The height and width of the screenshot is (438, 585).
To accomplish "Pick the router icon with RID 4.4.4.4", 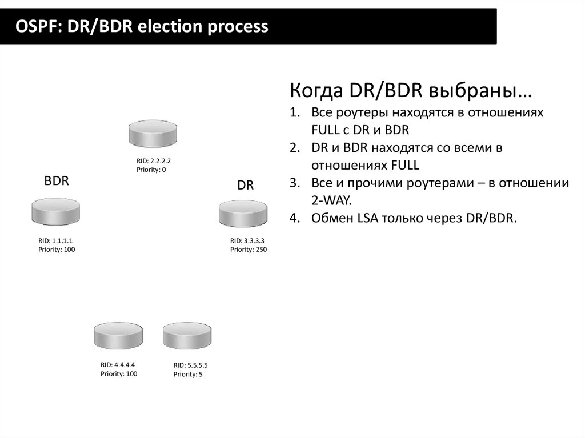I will [x=118, y=336].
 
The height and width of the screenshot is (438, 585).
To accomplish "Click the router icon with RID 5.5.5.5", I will [x=187, y=336].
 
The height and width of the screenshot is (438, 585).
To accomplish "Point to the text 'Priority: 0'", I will [x=151, y=170].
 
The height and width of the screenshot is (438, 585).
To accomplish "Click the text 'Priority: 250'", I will [x=249, y=250].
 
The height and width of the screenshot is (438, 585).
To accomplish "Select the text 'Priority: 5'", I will [x=188, y=374].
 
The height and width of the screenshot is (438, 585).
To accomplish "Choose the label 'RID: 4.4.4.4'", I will [x=118, y=364].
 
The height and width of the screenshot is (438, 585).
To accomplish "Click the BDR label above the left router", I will [x=57, y=182].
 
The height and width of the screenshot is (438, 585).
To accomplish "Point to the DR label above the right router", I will [x=245, y=186].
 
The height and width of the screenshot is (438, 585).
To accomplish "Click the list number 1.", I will [x=294, y=112].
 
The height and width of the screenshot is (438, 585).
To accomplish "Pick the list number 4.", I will [x=294, y=218].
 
